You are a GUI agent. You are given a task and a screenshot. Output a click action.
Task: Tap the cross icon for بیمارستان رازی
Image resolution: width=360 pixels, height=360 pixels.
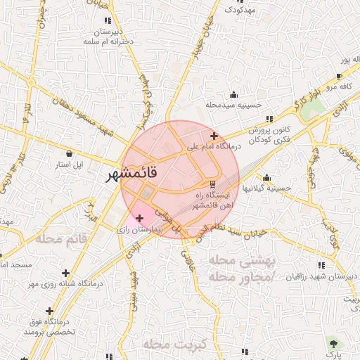pos(139,219)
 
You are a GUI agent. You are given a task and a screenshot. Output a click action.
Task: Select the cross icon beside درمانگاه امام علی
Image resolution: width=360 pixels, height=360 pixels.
pos(214,136)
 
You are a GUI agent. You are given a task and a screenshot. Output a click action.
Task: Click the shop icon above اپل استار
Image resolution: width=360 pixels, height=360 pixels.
pos(69,154)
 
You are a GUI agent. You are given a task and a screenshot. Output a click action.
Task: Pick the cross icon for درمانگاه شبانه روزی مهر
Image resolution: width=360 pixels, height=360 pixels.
pos(65,273)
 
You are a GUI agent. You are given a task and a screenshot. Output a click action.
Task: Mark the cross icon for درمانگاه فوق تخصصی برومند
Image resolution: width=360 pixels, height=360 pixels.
pos(49,311)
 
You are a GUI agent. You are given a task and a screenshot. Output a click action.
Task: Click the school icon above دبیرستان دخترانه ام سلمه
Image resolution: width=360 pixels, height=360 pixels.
pos(108,21)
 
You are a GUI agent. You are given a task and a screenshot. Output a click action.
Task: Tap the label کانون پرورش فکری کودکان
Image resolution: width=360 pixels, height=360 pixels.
pos(269,135)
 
